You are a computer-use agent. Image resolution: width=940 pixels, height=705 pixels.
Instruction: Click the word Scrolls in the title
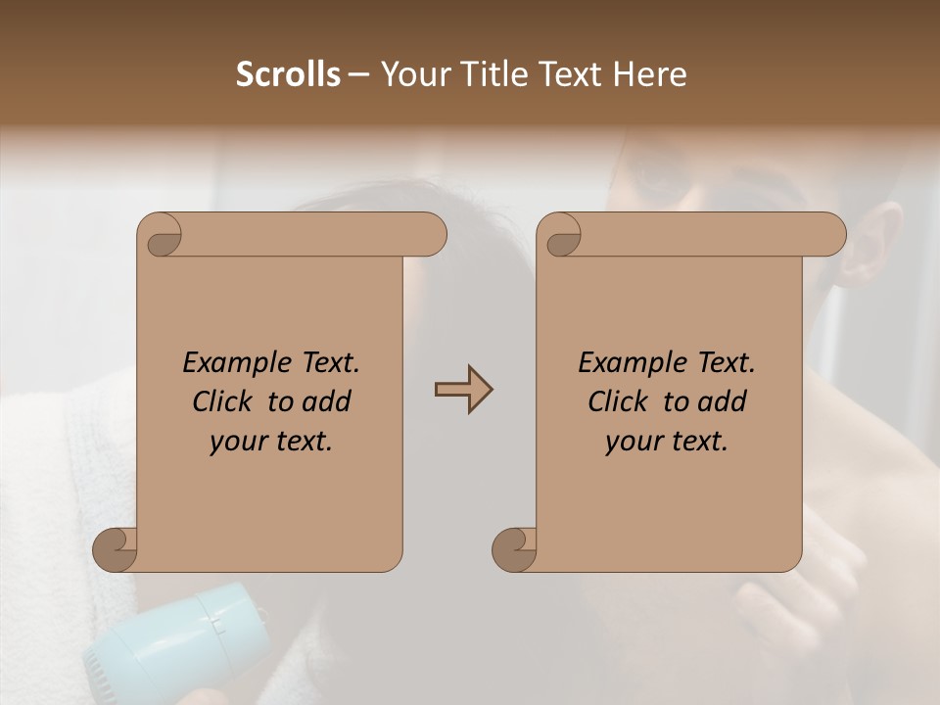289,74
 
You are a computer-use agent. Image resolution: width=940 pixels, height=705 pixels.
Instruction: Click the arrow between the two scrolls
463,390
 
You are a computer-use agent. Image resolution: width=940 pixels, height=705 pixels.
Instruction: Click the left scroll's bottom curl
115,550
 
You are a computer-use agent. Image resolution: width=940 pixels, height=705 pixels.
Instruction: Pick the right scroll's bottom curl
514,550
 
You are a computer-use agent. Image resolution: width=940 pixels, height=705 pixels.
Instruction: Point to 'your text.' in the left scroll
271,442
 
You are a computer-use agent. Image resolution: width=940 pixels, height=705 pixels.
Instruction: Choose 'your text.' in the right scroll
667,442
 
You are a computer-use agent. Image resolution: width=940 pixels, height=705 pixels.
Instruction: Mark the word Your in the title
411,74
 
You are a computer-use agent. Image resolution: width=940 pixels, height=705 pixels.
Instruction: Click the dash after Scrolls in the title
358,74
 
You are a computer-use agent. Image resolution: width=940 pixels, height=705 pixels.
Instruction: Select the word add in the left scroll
327,402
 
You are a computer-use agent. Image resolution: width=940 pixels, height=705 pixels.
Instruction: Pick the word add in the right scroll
723,402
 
